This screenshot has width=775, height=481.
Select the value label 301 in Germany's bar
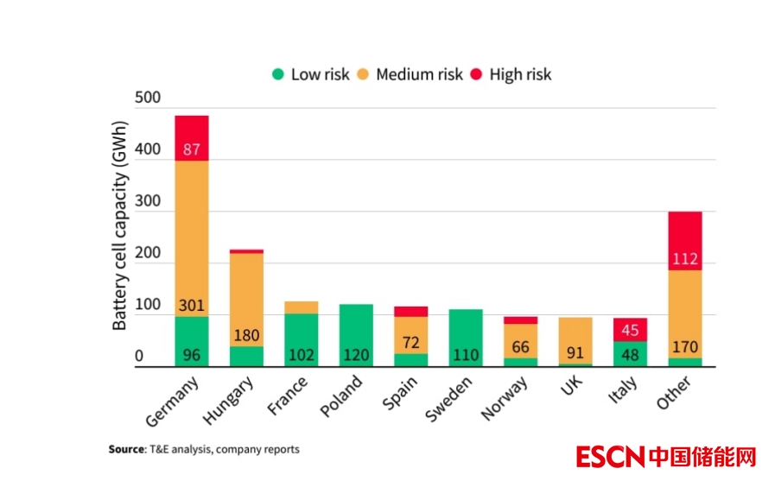click(x=192, y=306)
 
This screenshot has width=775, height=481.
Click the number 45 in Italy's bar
click(x=630, y=329)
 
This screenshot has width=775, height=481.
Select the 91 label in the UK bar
click(x=575, y=353)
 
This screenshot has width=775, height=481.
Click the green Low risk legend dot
click(x=277, y=74)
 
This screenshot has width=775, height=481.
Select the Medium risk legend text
click(x=419, y=74)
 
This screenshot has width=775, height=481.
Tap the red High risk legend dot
click(x=476, y=74)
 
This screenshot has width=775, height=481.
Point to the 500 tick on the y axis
click(x=148, y=98)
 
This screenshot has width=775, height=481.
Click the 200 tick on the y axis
click(x=148, y=253)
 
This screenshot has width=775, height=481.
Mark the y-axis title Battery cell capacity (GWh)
click(x=120, y=226)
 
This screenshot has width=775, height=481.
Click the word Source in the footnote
click(x=126, y=449)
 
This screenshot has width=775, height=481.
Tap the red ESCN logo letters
click(x=609, y=456)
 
